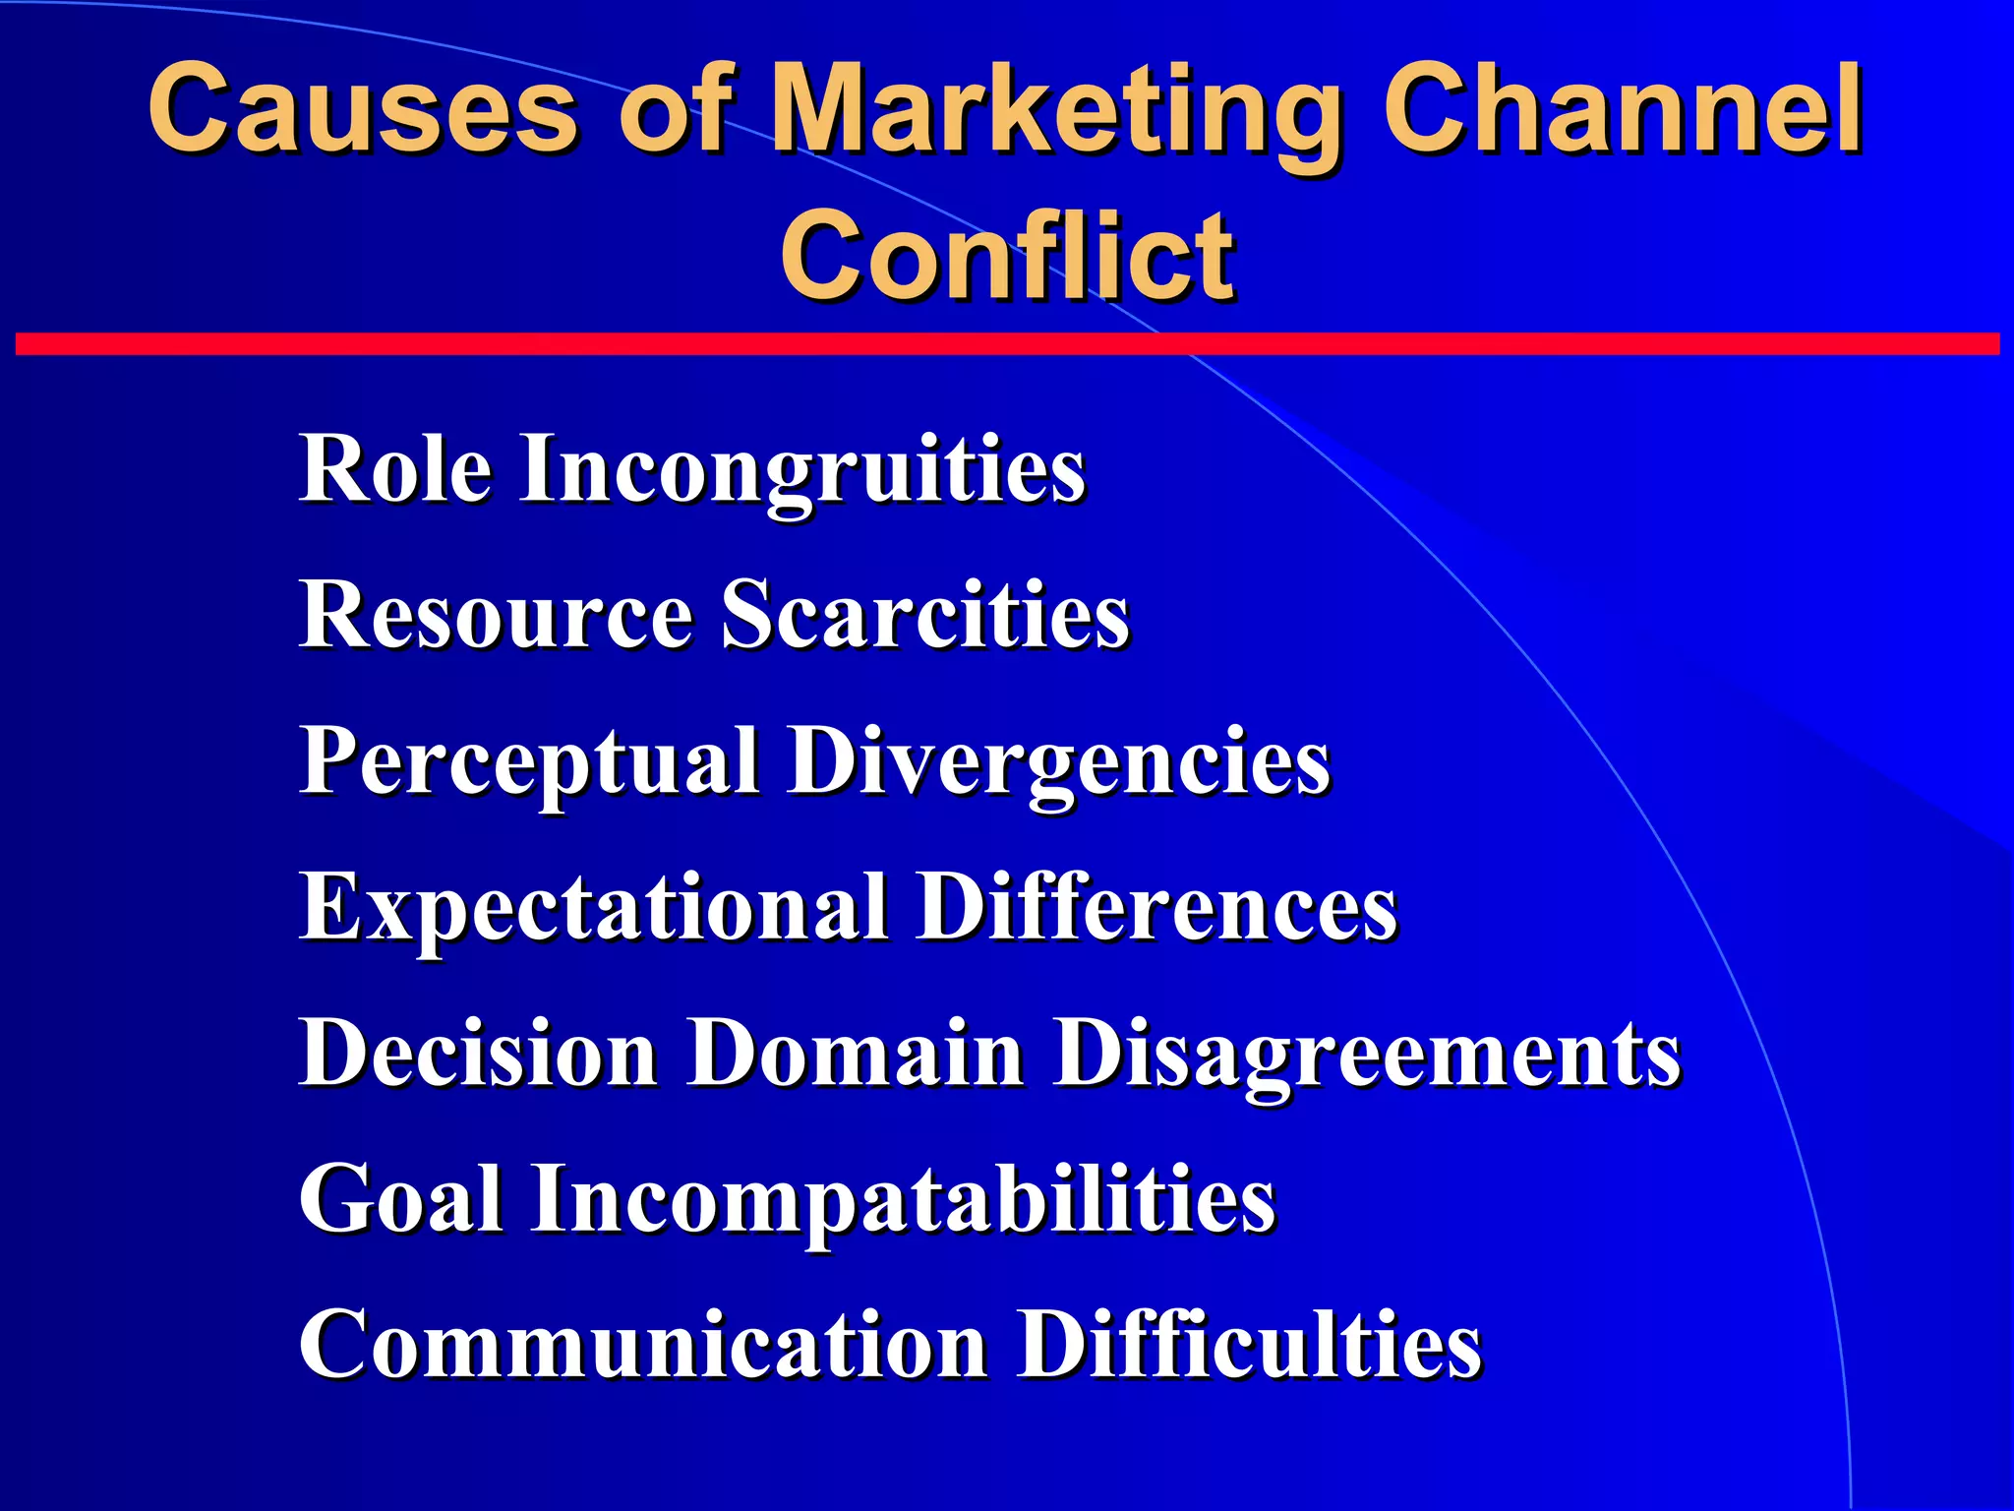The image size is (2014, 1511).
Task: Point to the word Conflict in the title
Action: pos(1007,256)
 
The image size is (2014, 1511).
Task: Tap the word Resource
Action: pos(496,615)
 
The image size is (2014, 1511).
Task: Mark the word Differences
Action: pos(1156,907)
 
